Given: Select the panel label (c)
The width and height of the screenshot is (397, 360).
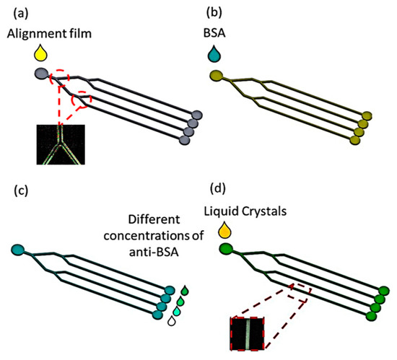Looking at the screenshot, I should (14, 191).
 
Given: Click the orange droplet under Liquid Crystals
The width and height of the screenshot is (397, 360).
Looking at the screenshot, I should (225, 231).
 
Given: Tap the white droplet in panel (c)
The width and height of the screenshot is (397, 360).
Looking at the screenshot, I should (170, 325).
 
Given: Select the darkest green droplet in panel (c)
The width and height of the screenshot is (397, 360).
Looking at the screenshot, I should (186, 291).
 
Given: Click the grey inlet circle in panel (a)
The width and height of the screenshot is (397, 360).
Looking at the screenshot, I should (41, 73).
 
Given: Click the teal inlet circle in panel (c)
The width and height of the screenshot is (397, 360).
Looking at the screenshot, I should (18, 250).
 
